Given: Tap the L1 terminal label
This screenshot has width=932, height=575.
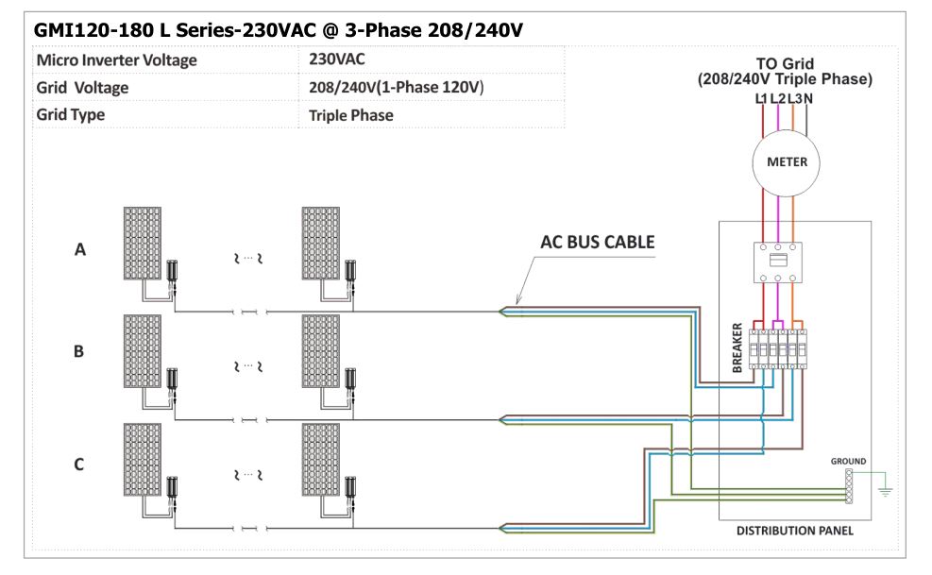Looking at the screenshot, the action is point(761,99).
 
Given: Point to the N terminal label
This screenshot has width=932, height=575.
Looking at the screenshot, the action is point(807,99).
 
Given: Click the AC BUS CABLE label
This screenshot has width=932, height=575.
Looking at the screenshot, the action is point(598,242).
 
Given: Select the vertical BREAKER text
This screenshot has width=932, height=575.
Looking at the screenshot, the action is point(737,347).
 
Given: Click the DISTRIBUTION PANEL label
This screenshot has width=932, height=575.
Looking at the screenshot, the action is point(795,531).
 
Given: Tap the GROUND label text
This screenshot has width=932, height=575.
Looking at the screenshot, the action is point(848,462).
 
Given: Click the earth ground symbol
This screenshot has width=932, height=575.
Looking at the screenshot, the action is point(885,490).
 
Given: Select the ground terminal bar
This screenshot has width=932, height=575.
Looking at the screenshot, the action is point(849,486).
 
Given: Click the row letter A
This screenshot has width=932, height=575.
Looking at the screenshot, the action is point(80,250).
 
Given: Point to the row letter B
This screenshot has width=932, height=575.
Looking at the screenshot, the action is point(78,351).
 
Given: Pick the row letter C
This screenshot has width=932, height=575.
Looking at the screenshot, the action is point(79,465).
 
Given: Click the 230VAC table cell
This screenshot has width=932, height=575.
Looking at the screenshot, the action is point(336,59).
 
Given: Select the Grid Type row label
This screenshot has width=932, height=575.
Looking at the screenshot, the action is point(70,115).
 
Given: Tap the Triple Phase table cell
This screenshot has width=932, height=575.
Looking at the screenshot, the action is point(350,115).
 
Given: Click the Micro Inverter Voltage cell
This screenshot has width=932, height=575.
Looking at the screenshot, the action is point(116,60).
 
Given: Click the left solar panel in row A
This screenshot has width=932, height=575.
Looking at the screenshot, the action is point(143,244).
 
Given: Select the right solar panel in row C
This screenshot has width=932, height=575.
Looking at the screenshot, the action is point(321,460).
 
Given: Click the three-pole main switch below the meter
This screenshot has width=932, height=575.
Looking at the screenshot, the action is point(778,262).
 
